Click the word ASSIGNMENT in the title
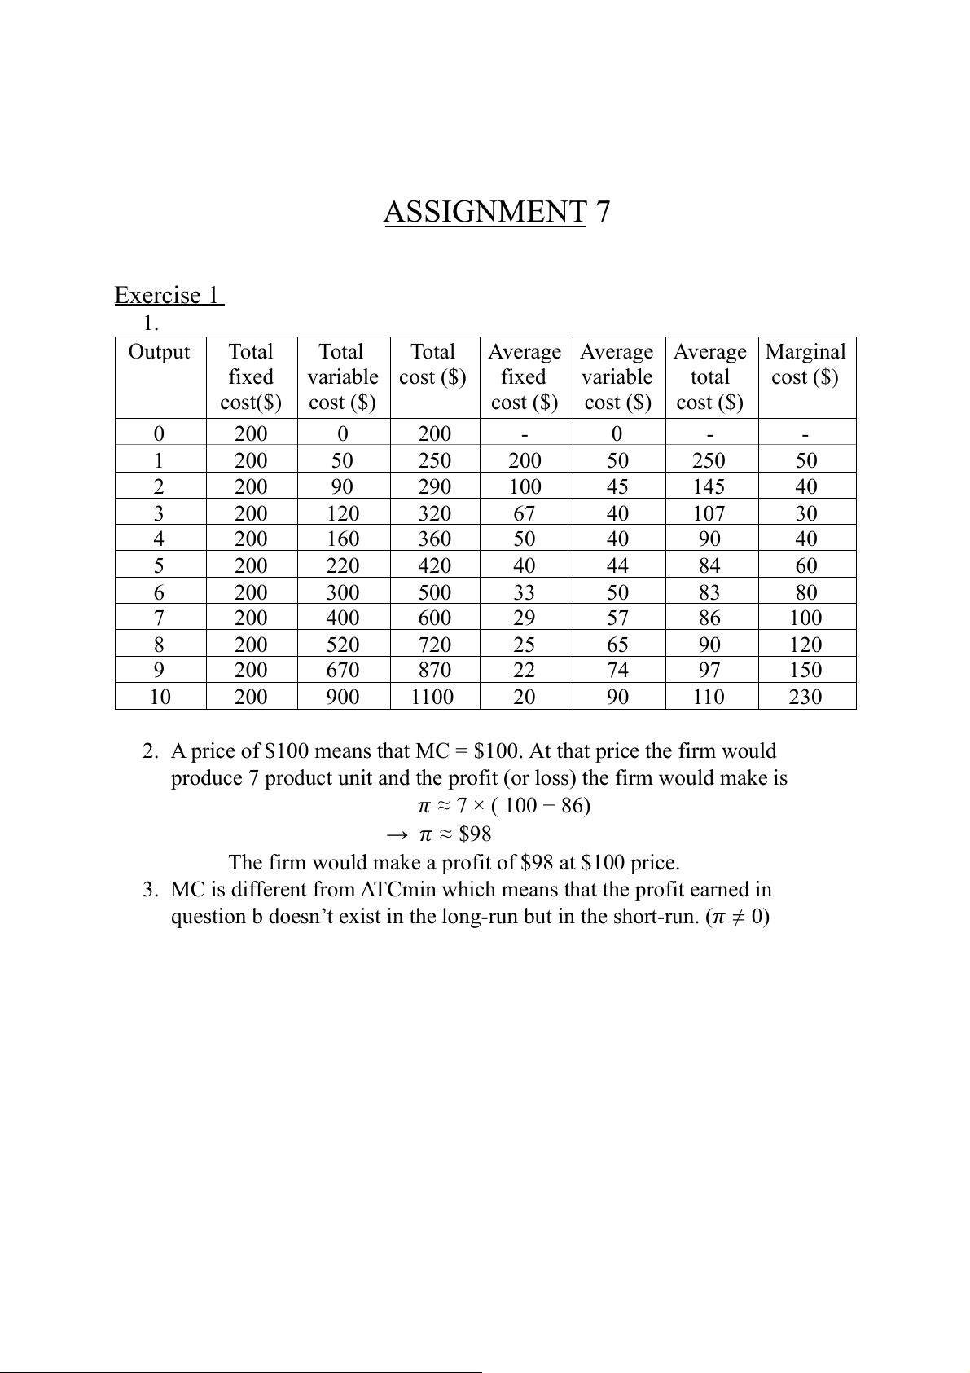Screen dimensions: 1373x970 (x=485, y=212)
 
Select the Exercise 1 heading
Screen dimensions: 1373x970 (x=169, y=295)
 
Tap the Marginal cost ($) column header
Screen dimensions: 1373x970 (x=805, y=364)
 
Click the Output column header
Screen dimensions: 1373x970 (x=159, y=352)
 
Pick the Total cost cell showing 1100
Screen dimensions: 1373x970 (x=432, y=697)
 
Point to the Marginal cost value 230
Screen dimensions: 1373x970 (x=805, y=697)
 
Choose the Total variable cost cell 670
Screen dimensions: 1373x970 (x=342, y=670)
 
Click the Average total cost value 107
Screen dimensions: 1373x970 (x=709, y=513)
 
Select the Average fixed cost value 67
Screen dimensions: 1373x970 (x=524, y=513)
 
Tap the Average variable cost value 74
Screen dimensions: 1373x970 (x=617, y=670)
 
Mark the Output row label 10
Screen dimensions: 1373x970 (x=160, y=697)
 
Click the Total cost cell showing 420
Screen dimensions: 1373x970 (x=433, y=565)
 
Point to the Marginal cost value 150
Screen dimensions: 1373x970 (x=805, y=670)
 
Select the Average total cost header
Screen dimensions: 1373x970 (x=709, y=376)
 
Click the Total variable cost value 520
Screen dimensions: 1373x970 (x=342, y=645)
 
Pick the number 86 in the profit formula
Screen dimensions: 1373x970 (x=573, y=806)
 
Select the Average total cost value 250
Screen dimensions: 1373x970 (x=709, y=460)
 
